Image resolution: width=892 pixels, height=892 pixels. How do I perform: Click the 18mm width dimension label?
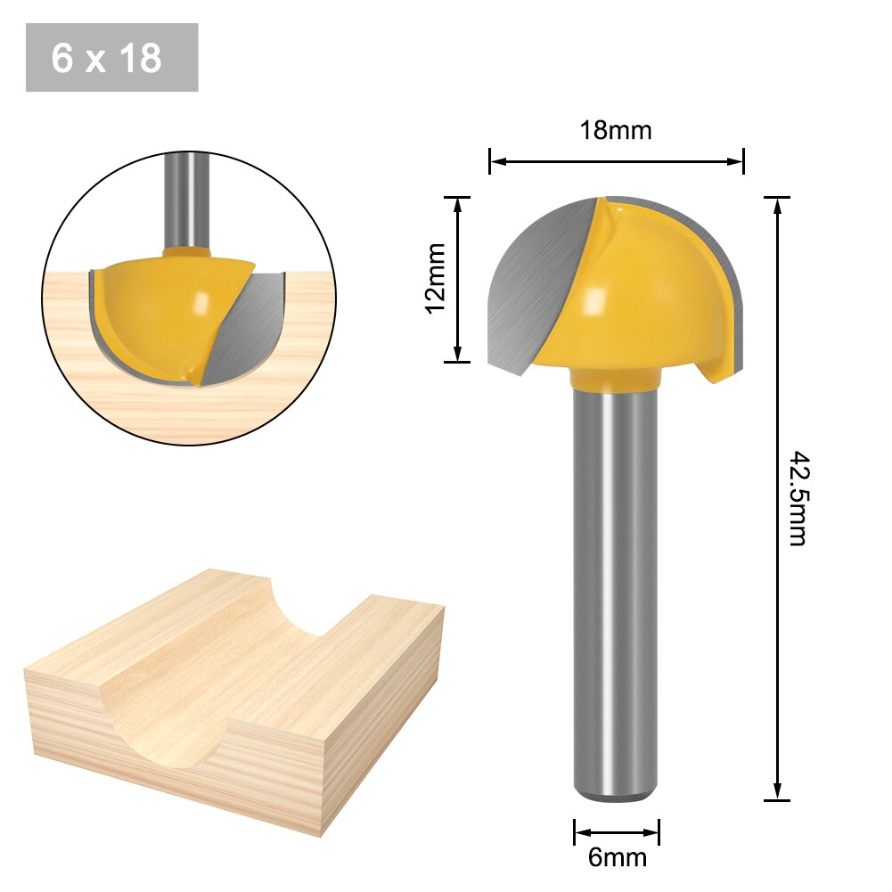tap(616, 131)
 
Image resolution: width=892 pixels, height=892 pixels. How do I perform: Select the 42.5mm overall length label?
tap(798, 498)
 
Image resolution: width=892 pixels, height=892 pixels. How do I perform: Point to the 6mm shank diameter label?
tap(617, 857)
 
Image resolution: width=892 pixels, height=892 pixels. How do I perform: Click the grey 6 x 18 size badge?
tap(111, 58)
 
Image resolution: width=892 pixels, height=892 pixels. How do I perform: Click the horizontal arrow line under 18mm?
tap(616, 161)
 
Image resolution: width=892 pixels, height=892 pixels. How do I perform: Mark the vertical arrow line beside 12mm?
tap(457, 279)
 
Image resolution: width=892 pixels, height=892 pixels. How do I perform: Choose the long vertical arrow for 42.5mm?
tap(777, 498)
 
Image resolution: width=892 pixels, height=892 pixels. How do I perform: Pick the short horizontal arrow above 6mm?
tap(617, 833)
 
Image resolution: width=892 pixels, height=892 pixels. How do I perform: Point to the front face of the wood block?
tap(160, 766)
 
